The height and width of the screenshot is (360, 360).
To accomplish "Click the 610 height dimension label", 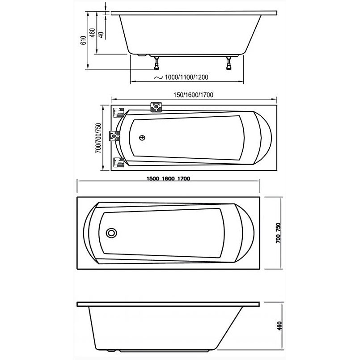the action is (x=84, y=40).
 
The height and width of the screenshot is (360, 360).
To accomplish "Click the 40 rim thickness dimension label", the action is (x=101, y=35).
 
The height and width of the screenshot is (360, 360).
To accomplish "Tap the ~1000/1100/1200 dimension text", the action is (x=181, y=77).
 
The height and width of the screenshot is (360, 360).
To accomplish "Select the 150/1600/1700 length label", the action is (x=193, y=95).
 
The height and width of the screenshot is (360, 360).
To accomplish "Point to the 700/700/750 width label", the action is (x=98, y=138).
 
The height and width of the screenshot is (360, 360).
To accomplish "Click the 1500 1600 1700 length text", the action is (x=168, y=178).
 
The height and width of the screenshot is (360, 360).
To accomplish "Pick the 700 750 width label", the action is (x=278, y=233).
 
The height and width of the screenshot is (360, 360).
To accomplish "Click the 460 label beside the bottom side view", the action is (x=279, y=326).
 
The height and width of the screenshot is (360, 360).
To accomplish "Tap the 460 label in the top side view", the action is (x=92, y=33).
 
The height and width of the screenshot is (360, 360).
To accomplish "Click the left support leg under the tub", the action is (x=157, y=63).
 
